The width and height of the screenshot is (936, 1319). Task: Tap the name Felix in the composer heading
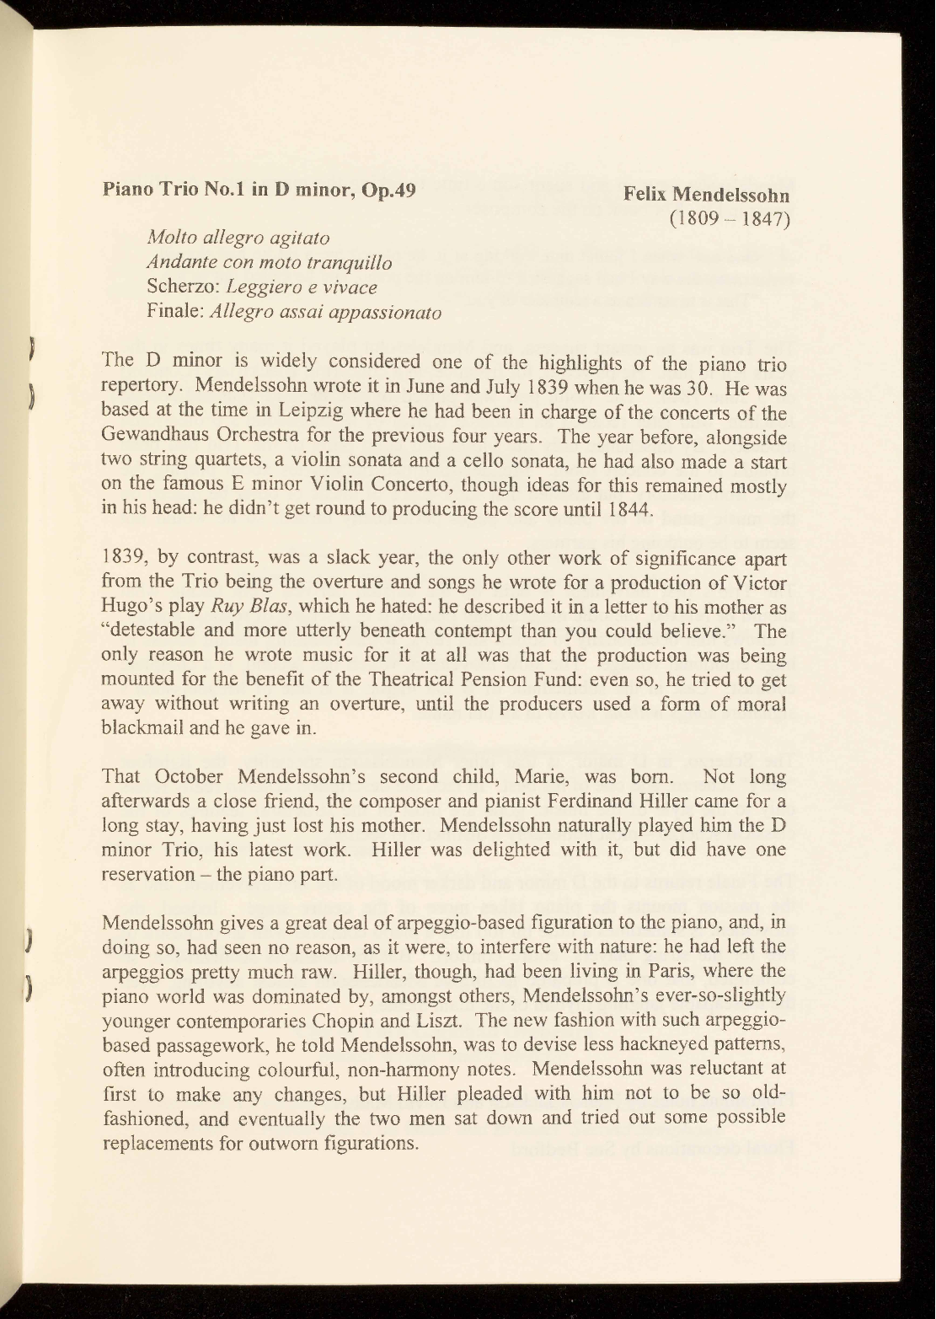point(650,195)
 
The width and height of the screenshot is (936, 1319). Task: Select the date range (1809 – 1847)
point(730,219)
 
